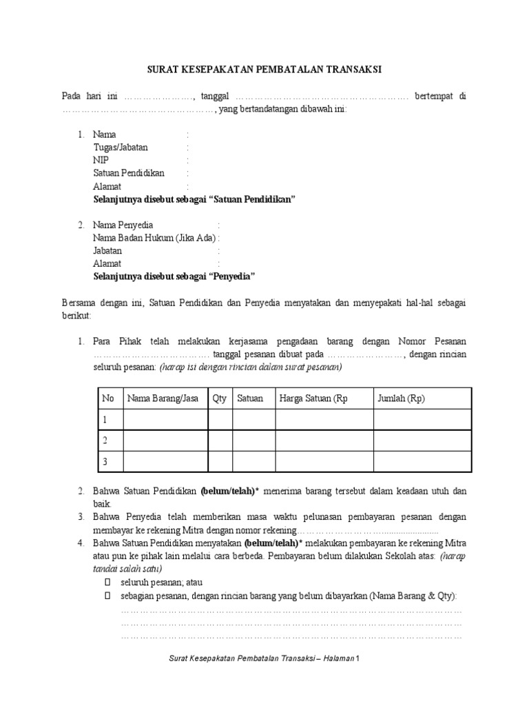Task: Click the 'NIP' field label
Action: (101, 160)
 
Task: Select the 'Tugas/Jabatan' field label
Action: (121, 147)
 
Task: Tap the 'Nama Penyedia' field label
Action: (123, 225)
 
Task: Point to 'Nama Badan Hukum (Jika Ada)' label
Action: (154, 239)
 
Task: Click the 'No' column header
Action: (107, 399)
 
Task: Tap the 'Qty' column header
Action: (220, 399)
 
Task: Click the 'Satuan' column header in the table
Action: (250, 399)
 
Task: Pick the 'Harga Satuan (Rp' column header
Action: (313, 399)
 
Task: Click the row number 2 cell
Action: (106, 440)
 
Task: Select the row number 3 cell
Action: (106, 462)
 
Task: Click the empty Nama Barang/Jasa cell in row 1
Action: (165, 419)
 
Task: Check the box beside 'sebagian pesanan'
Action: (107, 596)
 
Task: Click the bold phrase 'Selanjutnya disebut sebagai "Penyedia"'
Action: (174, 276)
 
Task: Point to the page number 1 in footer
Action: (358, 660)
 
